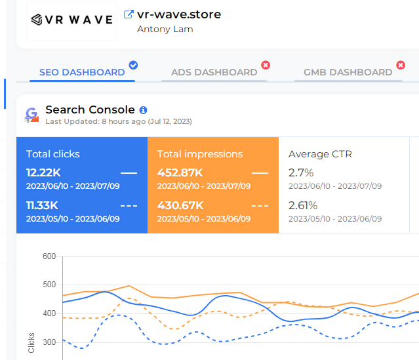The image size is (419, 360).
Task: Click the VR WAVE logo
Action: tap(71, 20)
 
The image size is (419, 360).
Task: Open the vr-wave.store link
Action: tap(179, 14)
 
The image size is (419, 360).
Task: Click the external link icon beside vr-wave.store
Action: tap(129, 14)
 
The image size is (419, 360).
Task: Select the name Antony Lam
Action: tap(165, 29)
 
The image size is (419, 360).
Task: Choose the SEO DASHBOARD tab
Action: tap(82, 72)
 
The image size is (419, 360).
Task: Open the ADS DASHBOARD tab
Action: tap(214, 72)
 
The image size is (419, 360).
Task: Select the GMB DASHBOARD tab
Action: tap(348, 72)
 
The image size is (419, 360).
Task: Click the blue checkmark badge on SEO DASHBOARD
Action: tap(133, 65)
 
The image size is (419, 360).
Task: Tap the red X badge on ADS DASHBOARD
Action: tap(266, 65)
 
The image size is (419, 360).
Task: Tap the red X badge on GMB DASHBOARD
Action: tap(401, 65)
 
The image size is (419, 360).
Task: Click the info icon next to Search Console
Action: tap(144, 110)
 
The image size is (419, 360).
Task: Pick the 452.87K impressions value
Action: tap(179, 172)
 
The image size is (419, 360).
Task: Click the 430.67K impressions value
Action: tap(179, 205)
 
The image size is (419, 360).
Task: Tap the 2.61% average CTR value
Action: tap(303, 205)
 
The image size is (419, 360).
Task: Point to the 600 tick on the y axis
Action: tap(49, 256)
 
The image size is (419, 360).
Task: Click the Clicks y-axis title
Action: tap(31, 342)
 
